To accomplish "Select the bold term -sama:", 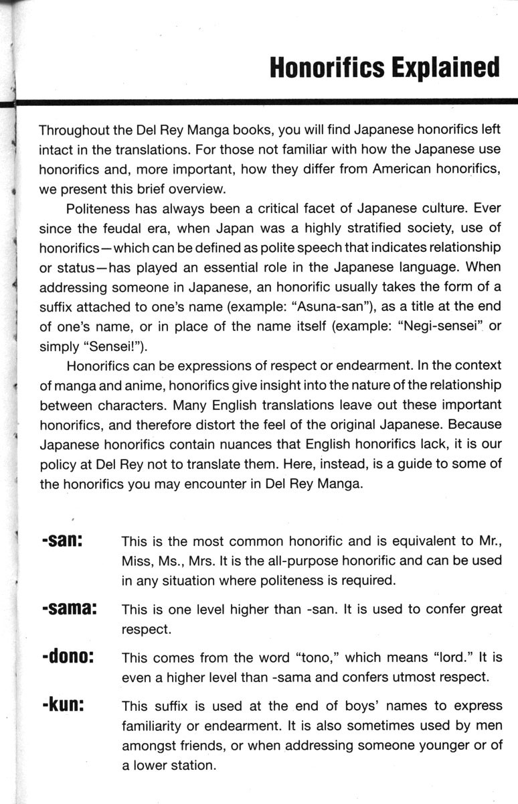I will (x=70, y=609).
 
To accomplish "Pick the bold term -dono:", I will (x=67, y=656).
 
